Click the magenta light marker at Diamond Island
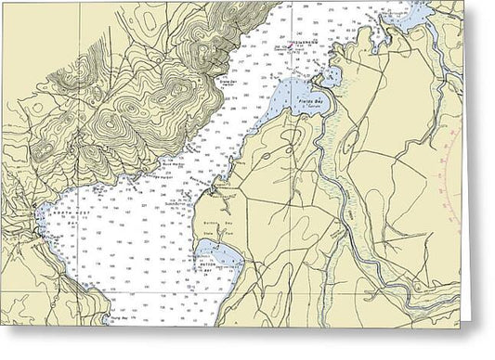click(x=299, y=45)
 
